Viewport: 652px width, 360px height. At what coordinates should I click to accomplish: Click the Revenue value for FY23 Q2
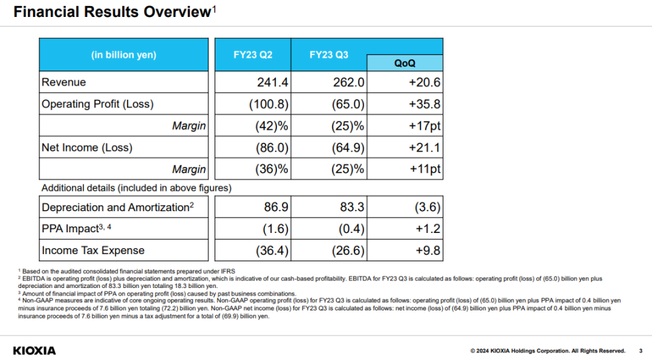pos(272,82)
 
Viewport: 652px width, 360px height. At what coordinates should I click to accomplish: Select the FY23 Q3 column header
pos(329,55)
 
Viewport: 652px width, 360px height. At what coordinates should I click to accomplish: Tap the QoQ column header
pos(405,63)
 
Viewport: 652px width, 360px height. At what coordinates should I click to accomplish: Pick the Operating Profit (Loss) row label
pos(98,104)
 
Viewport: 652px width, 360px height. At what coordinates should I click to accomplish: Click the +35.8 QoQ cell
pos(424,104)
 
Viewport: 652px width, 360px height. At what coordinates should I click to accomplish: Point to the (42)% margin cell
pos(272,126)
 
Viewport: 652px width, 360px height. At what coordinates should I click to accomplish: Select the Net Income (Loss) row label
pos(87,147)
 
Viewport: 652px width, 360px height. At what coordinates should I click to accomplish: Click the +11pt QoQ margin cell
pos(425,169)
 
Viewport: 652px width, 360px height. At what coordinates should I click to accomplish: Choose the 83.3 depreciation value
pos(352,207)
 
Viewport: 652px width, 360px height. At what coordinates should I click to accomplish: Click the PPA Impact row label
pos(77,228)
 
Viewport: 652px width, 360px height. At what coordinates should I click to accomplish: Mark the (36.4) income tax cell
pos(272,251)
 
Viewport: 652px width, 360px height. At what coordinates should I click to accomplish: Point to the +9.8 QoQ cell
pos(428,251)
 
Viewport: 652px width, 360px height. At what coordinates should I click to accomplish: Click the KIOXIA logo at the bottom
pos(35,351)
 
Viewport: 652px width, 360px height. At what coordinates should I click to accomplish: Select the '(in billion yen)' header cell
pos(124,55)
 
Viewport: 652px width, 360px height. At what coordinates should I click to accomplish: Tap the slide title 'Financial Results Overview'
pos(113,12)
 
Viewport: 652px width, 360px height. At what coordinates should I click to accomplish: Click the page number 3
pos(640,351)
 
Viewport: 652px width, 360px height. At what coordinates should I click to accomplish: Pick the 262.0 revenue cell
pos(348,82)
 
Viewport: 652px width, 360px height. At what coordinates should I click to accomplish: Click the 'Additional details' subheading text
pos(137,188)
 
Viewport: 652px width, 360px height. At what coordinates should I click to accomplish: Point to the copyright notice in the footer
pos(547,351)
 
